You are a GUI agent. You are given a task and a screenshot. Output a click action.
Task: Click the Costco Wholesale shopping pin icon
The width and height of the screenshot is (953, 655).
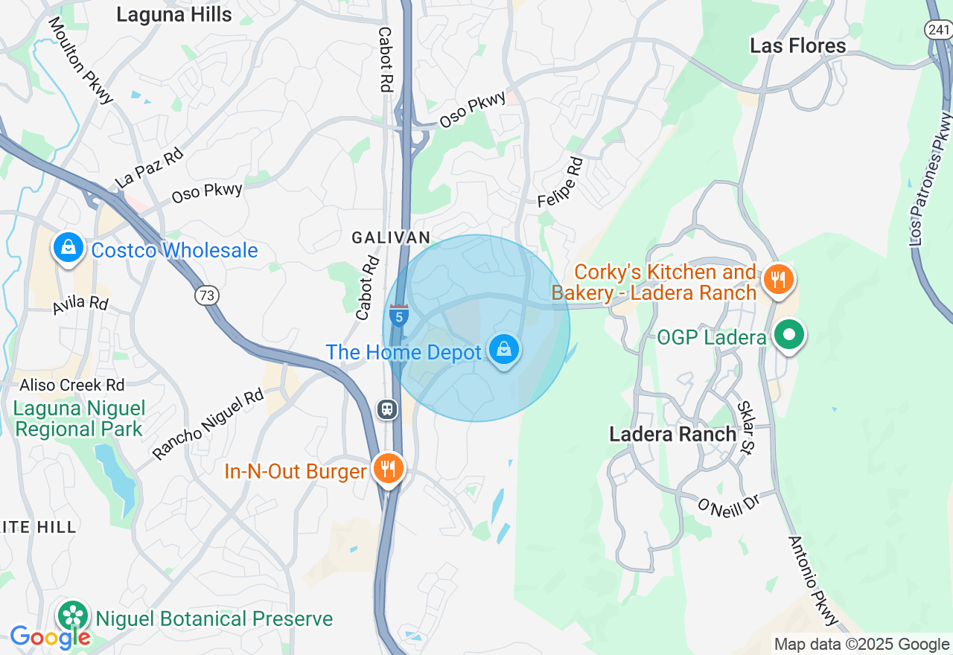(x=68, y=247)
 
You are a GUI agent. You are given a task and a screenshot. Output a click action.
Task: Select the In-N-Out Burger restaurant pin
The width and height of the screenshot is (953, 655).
(x=388, y=469)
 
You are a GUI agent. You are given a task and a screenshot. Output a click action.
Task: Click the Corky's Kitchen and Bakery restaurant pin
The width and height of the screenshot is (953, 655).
(x=778, y=280)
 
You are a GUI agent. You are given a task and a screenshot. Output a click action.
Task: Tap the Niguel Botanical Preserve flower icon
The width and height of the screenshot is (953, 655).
(x=74, y=616)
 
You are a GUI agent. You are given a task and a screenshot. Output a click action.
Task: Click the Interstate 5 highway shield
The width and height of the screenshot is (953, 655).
(x=400, y=316)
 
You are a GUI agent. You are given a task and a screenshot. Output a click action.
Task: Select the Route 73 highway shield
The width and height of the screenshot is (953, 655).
(x=207, y=295)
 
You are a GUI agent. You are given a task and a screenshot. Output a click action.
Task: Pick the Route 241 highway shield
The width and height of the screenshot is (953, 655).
(x=937, y=30)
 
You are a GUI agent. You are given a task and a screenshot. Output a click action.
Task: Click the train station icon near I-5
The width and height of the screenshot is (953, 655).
(x=387, y=409)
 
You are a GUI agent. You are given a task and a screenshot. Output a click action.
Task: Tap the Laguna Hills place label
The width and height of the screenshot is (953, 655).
(x=175, y=14)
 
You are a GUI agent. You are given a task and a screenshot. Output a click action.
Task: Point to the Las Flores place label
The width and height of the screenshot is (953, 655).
(x=797, y=45)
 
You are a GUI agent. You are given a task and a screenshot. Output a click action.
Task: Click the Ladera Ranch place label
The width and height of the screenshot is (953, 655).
(x=672, y=434)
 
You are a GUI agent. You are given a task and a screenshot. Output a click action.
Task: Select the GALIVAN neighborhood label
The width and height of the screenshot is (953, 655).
(x=391, y=237)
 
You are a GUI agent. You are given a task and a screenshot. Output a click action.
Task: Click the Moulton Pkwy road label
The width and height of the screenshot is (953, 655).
(x=81, y=60)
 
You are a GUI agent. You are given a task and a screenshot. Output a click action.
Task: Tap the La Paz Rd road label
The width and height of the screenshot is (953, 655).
(x=150, y=169)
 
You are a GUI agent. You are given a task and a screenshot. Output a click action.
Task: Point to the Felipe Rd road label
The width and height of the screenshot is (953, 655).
(x=561, y=182)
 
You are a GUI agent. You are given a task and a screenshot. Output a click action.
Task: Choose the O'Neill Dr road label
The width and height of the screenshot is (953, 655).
(x=728, y=506)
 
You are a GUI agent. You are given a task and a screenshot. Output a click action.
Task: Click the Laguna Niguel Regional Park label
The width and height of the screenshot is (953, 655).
(x=79, y=419)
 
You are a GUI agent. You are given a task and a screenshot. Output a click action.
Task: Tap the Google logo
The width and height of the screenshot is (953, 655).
(x=50, y=637)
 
